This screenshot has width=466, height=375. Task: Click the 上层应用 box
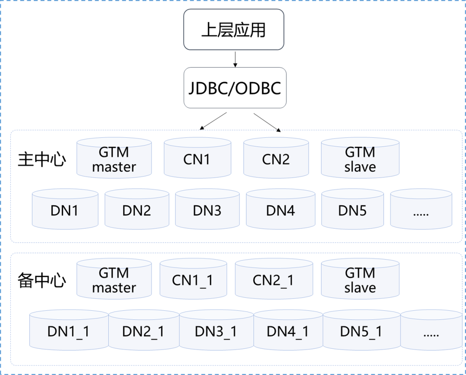pos(233,30)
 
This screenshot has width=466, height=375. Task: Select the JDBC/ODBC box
pos(235,88)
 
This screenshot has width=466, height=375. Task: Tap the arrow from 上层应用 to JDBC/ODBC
pos(235,59)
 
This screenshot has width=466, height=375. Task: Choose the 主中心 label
pos(42,160)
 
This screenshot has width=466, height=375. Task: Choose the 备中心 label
pos(42,280)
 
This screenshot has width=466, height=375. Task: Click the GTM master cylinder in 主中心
pos(114,158)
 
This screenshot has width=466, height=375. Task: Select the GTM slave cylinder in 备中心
pos(360,279)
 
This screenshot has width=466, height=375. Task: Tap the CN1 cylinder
pos(197,159)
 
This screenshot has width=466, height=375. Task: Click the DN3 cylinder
pos(207,210)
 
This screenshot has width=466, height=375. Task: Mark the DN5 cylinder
pos(353,210)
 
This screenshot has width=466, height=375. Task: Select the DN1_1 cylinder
pos(68,331)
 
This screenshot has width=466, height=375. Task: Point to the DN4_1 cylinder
pos(288,331)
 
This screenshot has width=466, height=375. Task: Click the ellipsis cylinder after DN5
pos(421,210)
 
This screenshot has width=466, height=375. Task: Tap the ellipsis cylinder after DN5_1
pos(431,331)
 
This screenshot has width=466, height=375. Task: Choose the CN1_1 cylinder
pos(192,280)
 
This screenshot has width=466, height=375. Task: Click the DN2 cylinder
pos(136,210)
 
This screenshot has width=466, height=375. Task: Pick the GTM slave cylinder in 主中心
pos(360,158)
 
